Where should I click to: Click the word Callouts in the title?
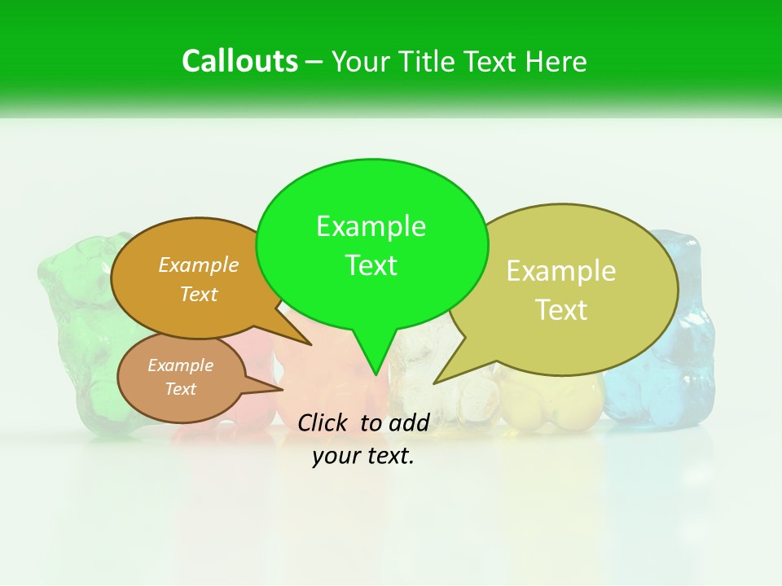click(239, 61)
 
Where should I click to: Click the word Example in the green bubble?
click(371, 226)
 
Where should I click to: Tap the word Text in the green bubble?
click(371, 265)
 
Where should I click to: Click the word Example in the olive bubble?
click(561, 271)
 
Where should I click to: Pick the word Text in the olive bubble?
click(561, 310)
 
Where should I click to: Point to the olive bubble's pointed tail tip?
click(434, 383)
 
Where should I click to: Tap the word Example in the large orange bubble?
click(199, 265)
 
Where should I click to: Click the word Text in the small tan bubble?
click(180, 389)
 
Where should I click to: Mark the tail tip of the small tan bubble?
click(282, 390)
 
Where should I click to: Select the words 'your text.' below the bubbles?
click(363, 456)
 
